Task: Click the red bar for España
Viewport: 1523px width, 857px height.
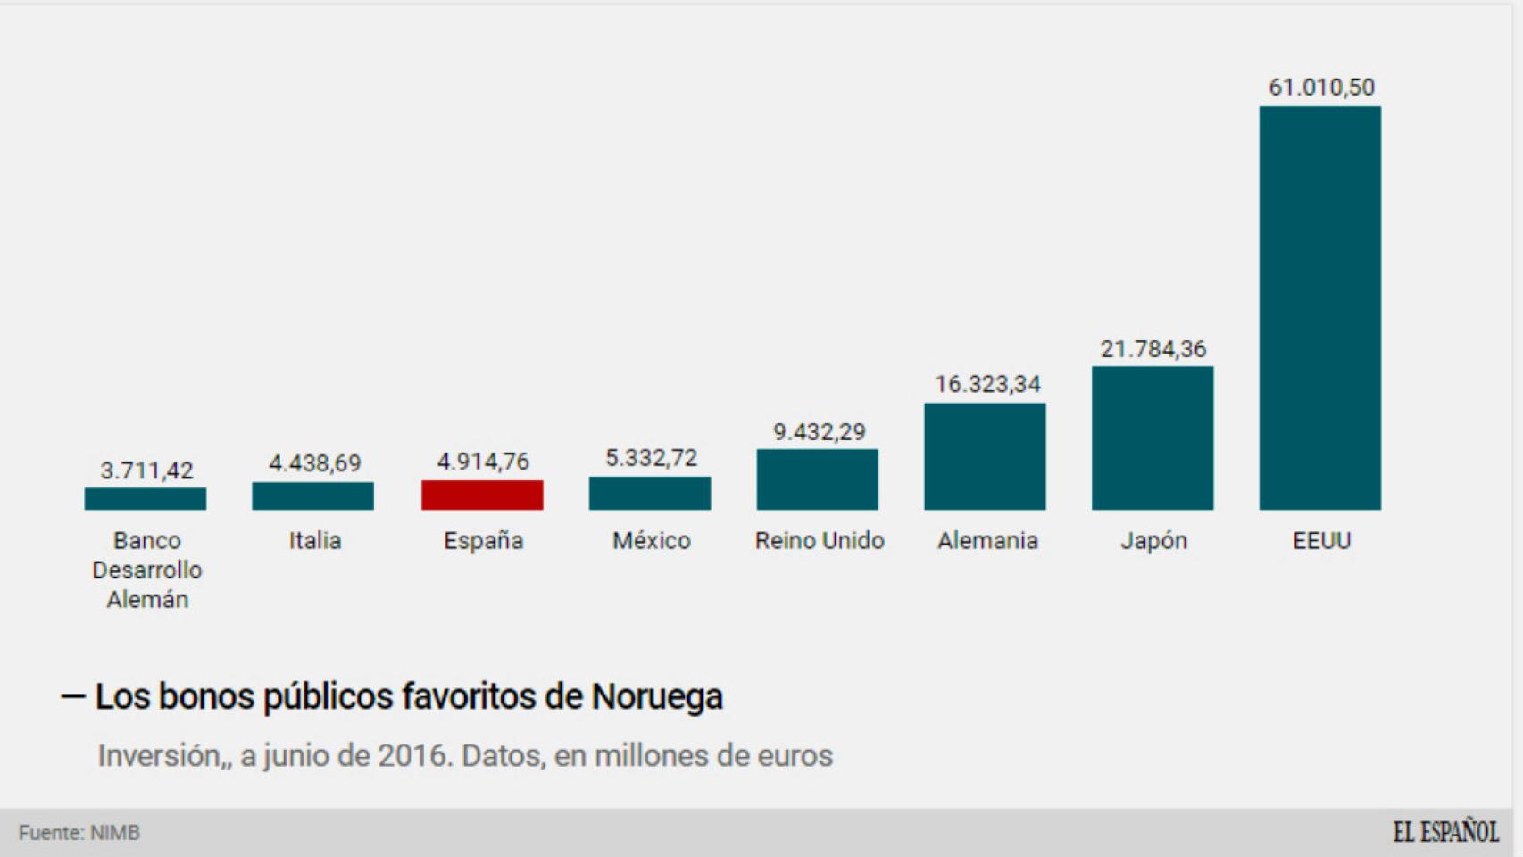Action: click(482, 495)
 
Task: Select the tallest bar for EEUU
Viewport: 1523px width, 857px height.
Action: click(1319, 308)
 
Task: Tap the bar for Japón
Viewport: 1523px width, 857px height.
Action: click(1152, 438)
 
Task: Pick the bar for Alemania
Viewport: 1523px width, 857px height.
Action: click(985, 456)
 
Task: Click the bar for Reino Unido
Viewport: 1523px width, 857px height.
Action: click(817, 479)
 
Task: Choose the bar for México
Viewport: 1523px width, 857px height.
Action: click(650, 494)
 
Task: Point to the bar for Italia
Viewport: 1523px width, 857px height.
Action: click(312, 496)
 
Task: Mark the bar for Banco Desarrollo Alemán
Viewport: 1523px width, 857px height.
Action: click(146, 499)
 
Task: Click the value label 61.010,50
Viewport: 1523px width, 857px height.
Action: click(1321, 87)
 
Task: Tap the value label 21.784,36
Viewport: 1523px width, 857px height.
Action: click(1153, 349)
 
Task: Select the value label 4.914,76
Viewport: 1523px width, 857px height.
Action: click(483, 462)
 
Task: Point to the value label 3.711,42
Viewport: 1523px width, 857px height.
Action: click(146, 470)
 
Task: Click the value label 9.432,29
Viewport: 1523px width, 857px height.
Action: click(819, 432)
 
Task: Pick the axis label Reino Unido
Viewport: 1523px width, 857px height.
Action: click(819, 541)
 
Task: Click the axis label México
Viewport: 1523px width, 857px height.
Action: click(651, 541)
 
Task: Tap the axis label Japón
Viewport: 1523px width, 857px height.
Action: click(1153, 541)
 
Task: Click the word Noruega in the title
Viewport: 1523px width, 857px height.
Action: click(656, 696)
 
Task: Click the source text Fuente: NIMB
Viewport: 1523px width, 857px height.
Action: click(79, 833)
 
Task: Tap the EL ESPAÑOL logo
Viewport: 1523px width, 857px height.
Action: click(1445, 832)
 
